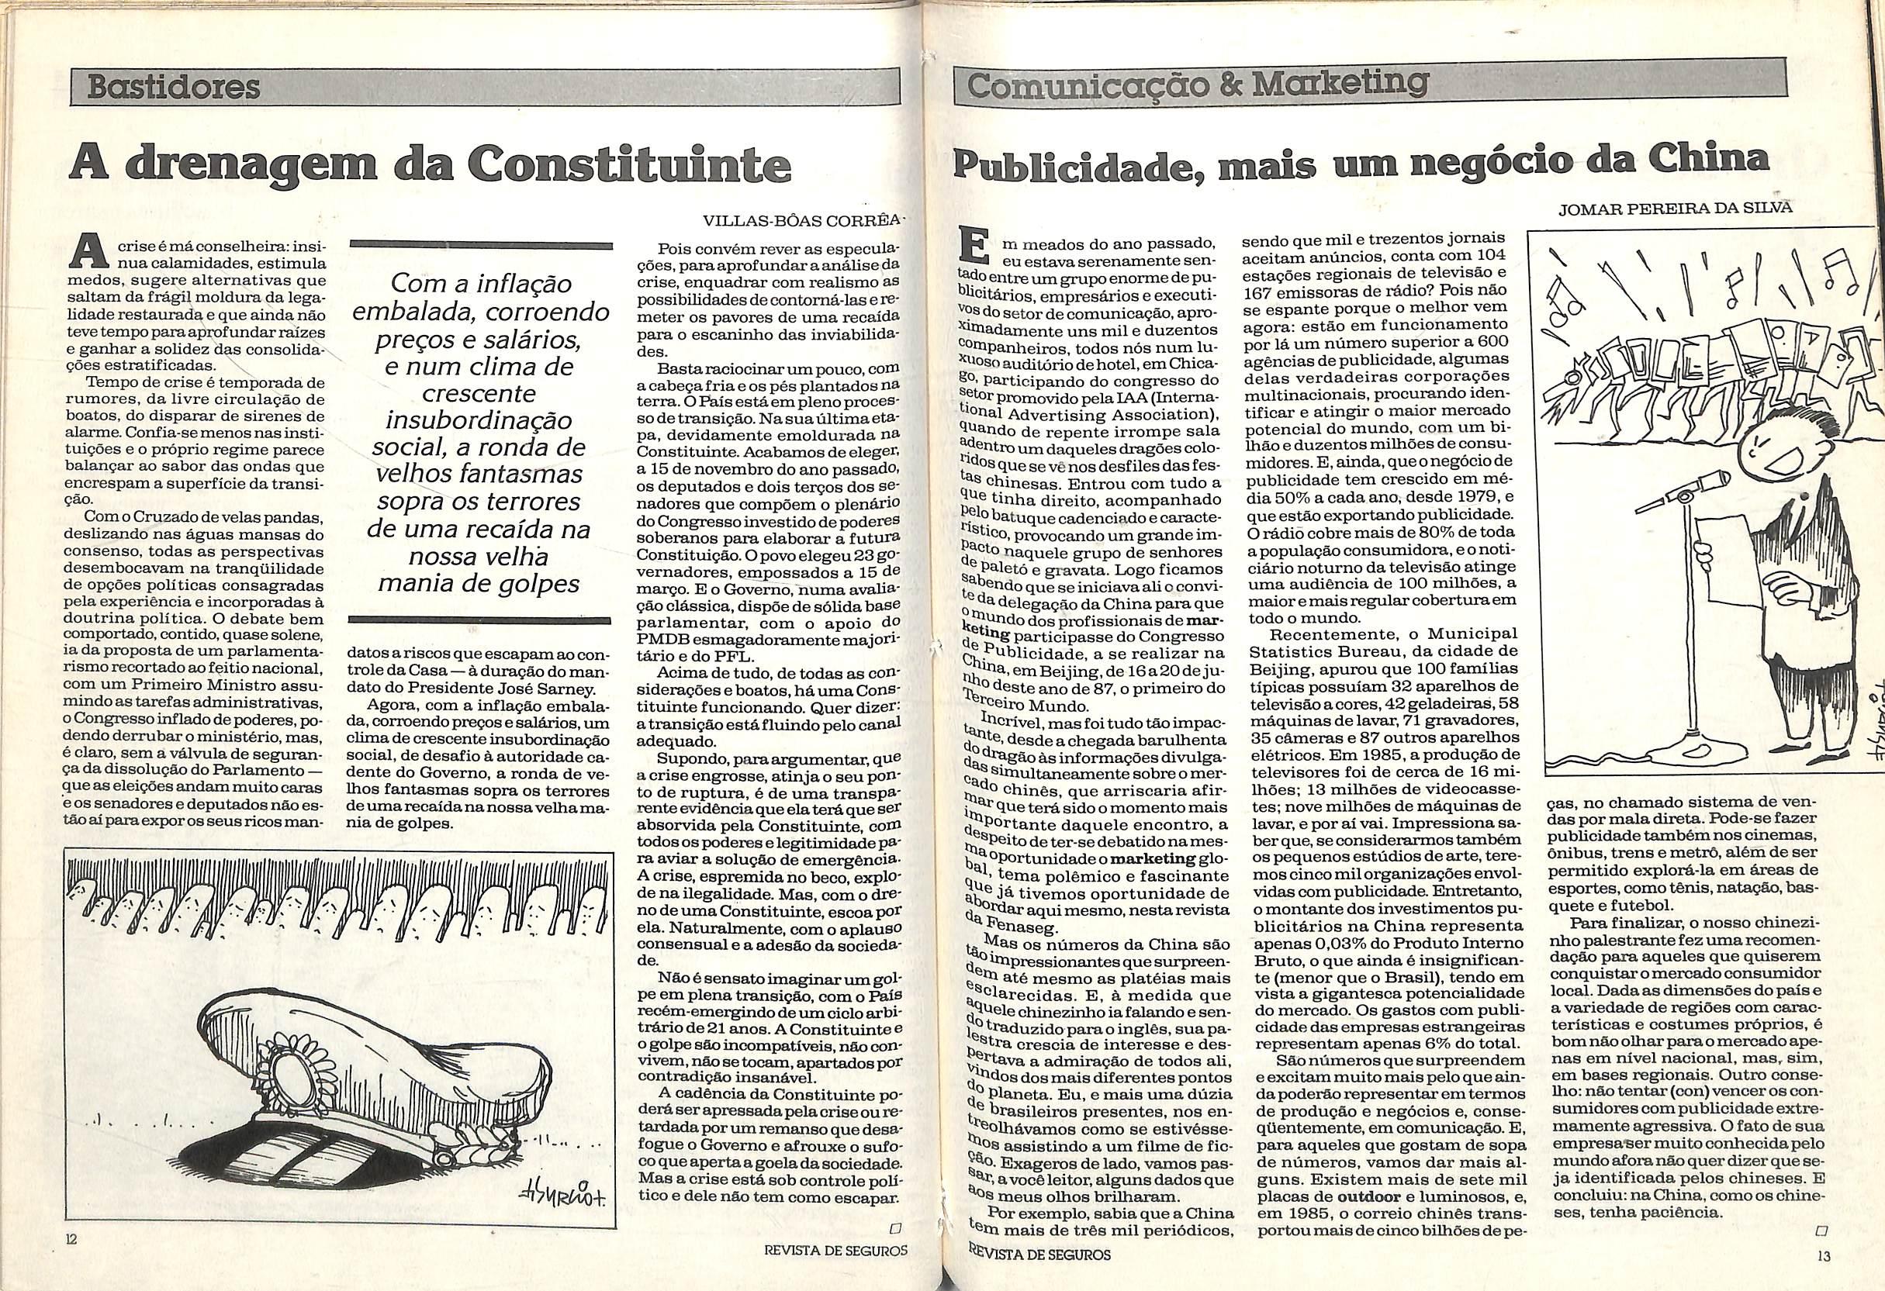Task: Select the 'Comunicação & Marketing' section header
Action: point(1197,85)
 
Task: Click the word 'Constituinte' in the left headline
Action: point(630,164)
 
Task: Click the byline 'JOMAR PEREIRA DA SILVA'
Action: point(1686,209)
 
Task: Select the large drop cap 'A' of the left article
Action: point(90,251)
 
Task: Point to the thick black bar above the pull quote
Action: point(479,244)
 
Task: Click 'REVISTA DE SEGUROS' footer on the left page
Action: point(835,1272)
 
